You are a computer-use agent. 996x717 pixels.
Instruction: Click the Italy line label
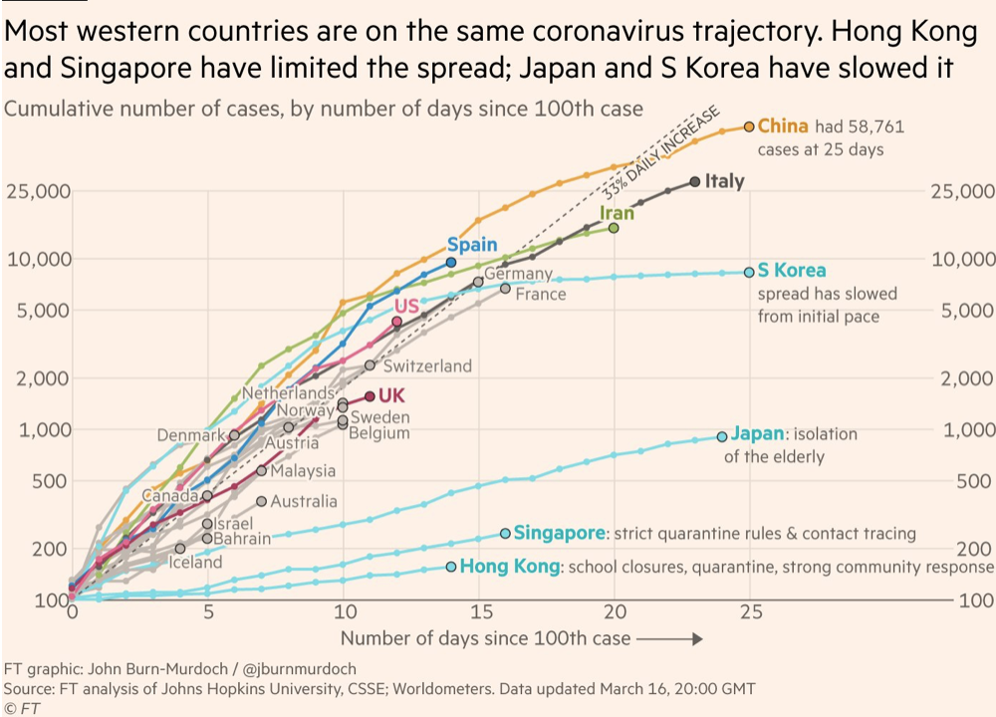[x=724, y=181]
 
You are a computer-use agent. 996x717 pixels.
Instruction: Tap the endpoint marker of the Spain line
[x=451, y=262]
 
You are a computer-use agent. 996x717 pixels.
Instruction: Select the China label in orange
[x=783, y=126]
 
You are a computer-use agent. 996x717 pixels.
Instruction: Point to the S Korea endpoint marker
[x=749, y=272]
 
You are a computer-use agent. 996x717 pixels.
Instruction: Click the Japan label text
[x=757, y=434]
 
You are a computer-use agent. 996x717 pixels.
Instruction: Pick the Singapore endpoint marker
[x=505, y=534]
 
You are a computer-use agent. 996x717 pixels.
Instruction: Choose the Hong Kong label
[x=509, y=567]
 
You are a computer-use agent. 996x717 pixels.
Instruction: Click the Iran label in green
[x=617, y=213]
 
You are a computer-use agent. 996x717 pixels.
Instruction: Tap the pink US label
[x=406, y=306]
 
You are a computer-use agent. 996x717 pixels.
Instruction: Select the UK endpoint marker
[x=370, y=395]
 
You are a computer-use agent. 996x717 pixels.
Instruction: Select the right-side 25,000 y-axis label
[x=961, y=191]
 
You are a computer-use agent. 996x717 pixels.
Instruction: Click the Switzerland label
[x=427, y=365]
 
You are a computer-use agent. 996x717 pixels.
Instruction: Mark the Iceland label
[x=195, y=562]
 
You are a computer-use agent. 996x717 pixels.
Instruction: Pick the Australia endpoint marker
[x=262, y=501]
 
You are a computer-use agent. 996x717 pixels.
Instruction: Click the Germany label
[x=518, y=274]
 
